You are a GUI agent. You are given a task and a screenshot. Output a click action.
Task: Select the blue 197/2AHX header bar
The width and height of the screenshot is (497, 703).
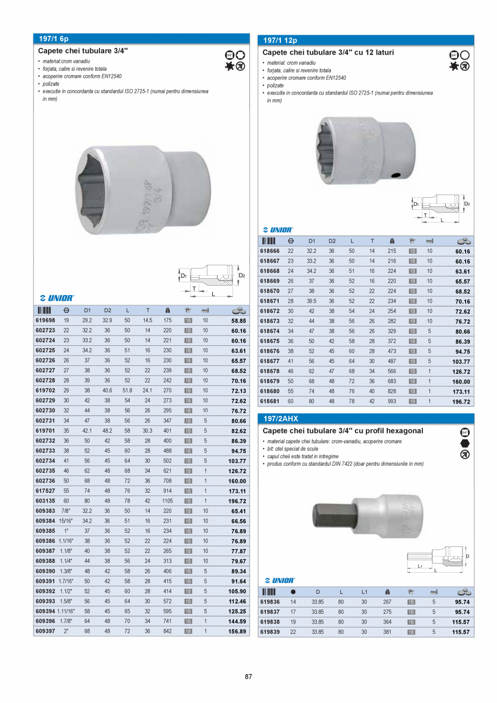tap(366, 419)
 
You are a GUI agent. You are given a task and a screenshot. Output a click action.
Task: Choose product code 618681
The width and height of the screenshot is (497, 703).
tap(270, 402)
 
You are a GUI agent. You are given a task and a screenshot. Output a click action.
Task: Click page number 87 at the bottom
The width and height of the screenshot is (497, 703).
tap(249, 677)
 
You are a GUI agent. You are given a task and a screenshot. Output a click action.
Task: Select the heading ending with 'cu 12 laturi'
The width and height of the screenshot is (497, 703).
tap(328, 53)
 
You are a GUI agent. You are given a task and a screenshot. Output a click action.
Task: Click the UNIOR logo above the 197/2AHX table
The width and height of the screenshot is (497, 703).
tap(279, 580)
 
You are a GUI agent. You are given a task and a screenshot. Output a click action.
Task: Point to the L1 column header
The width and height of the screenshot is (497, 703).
tap(365, 592)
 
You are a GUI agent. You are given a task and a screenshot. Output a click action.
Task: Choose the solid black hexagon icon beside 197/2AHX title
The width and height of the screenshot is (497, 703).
tap(465, 443)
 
